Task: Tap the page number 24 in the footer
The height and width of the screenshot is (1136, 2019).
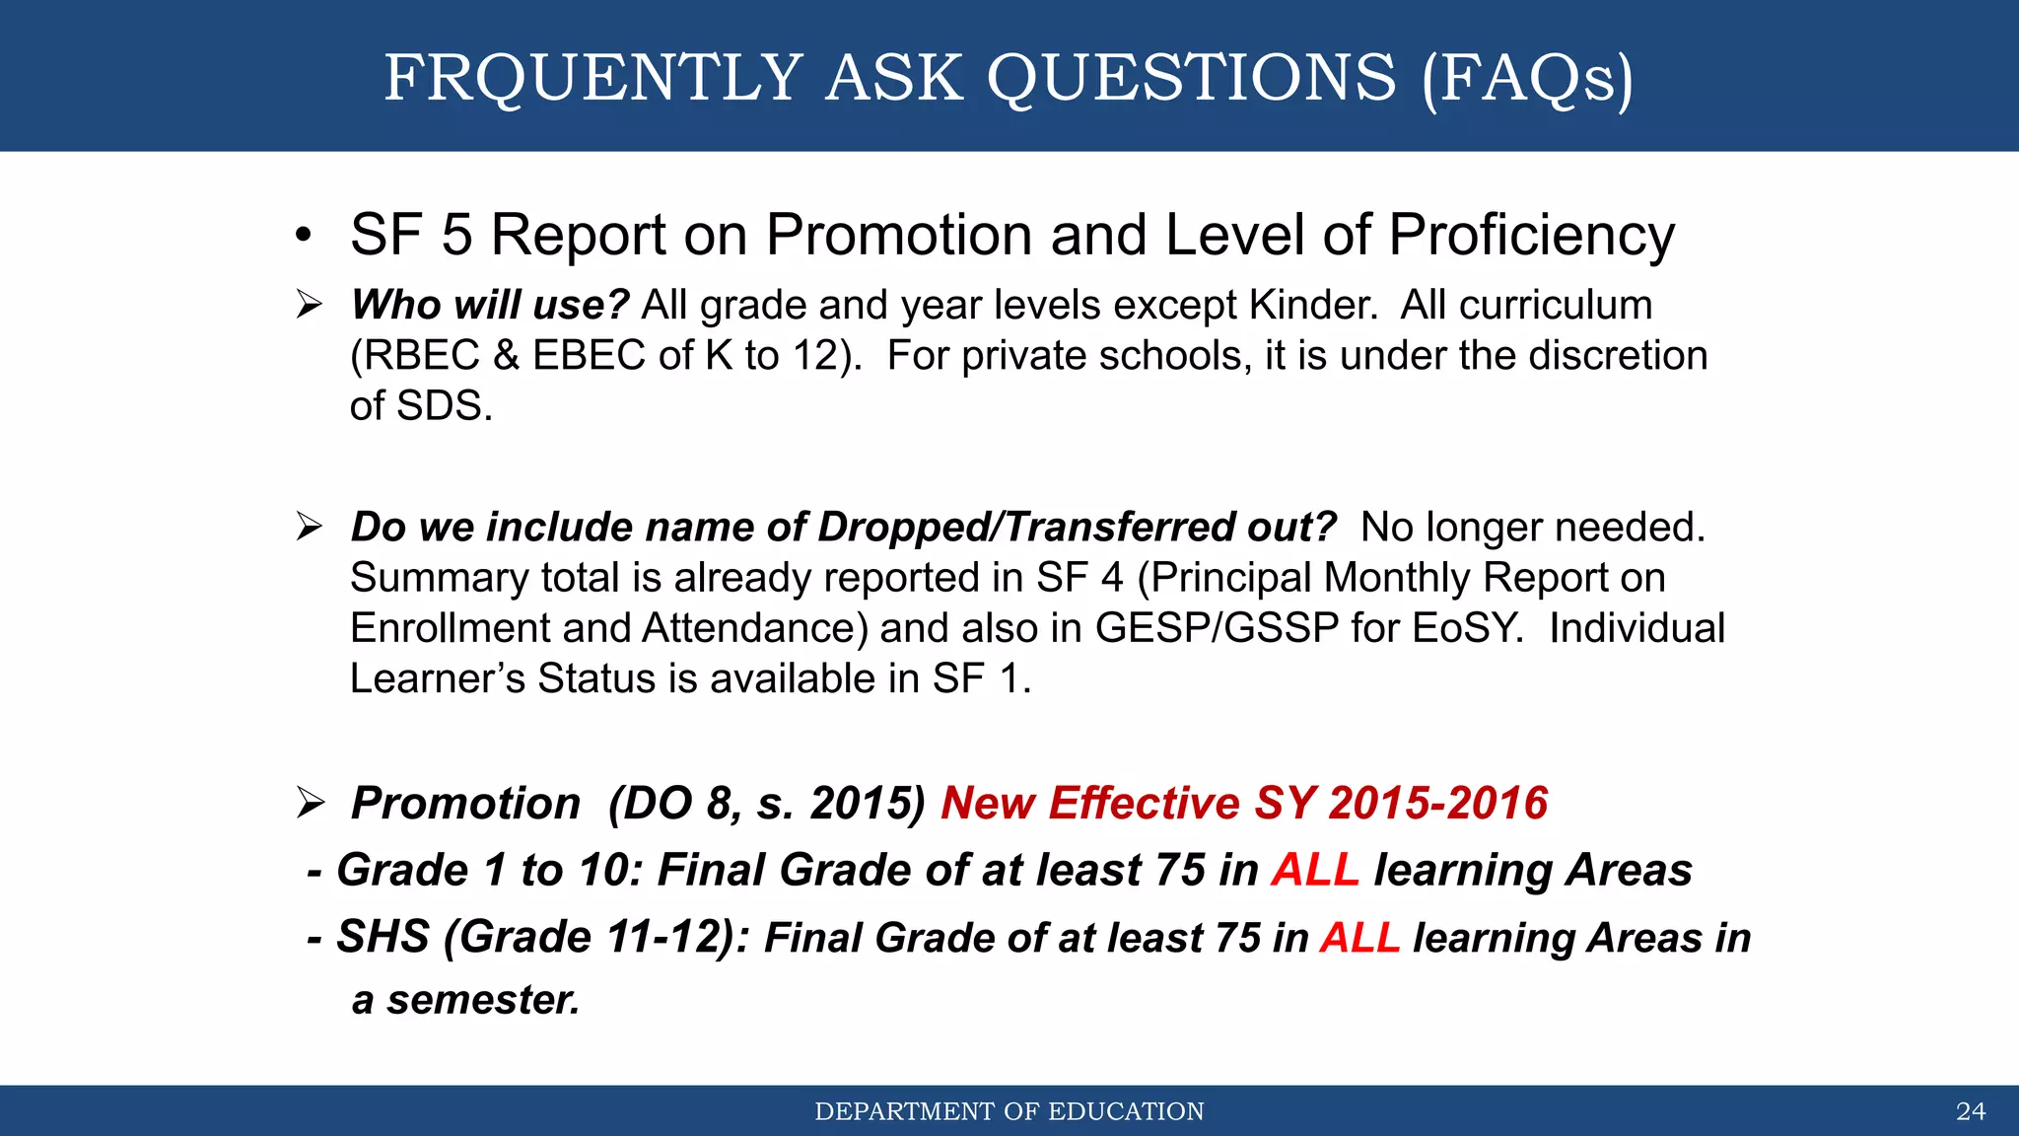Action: [1970, 1111]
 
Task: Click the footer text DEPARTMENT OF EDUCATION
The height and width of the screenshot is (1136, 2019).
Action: [1009, 1111]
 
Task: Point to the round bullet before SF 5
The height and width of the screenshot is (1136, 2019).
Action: [304, 237]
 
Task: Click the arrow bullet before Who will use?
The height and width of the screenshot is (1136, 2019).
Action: [310, 305]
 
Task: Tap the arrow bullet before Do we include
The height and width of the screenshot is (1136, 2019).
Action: [310, 527]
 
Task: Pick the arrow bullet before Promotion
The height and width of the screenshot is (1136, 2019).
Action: [310, 803]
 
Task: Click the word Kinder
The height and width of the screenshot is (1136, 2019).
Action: [1312, 306]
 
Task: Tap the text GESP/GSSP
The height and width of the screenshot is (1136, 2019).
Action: [1217, 629]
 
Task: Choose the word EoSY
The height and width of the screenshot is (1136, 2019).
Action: [1468, 629]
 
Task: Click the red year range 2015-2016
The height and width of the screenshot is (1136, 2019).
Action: [1438, 804]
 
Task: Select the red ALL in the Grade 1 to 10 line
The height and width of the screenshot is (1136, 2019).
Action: [1315, 871]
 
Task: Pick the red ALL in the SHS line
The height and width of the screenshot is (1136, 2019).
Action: [1359, 938]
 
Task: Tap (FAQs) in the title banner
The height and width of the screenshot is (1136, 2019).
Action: [1527, 78]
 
